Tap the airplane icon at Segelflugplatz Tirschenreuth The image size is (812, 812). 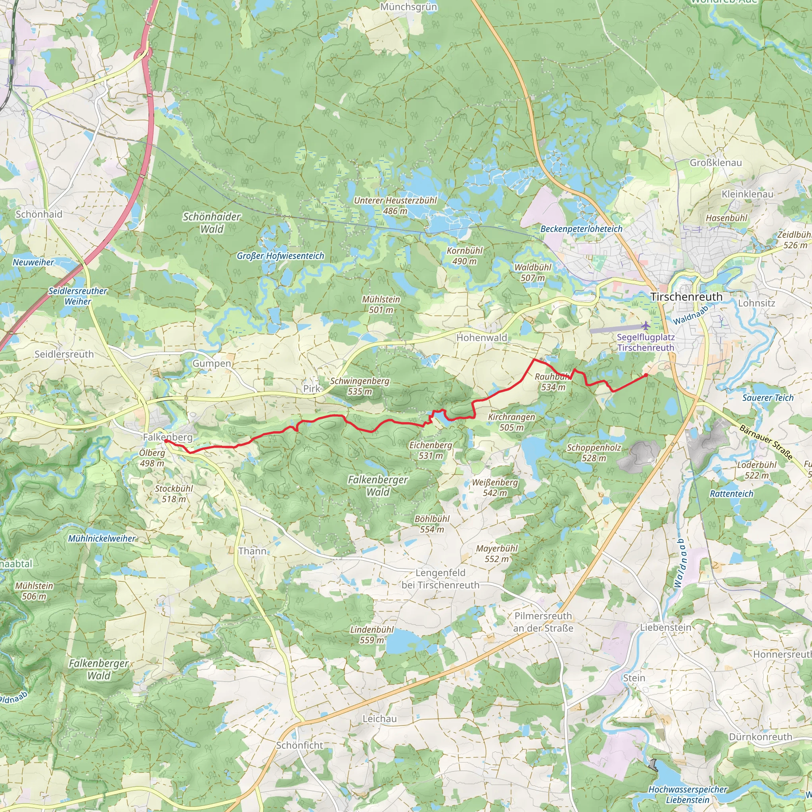pyautogui.click(x=645, y=325)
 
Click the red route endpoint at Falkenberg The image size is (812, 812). pyautogui.click(x=166, y=441)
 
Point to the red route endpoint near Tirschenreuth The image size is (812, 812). pyautogui.click(x=645, y=375)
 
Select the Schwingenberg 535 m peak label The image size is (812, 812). pyautogui.click(x=360, y=386)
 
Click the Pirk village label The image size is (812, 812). pyautogui.click(x=311, y=389)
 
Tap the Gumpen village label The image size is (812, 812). pyautogui.click(x=212, y=364)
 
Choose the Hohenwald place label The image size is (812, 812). pyautogui.click(x=482, y=337)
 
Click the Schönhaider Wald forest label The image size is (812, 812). pyautogui.click(x=212, y=223)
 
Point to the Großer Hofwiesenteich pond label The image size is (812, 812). pyautogui.click(x=280, y=256)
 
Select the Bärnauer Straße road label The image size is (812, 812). pyautogui.click(x=766, y=442)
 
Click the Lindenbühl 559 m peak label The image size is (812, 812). pyautogui.click(x=372, y=635)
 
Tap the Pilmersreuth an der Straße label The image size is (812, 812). pyautogui.click(x=543, y=622)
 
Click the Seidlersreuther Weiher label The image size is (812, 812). pyautogui.click(x=78, y=296)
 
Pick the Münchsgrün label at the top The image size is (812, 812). pyautogui.click(x=408, y=7)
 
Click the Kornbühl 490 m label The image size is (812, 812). pyautogui.click(x=464, y=256)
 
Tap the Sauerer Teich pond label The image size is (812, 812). pyautogui.click(x=768, y=398)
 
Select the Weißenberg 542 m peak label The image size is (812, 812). pyautogui.click(x=495, y=488)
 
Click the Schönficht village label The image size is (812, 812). pyautogui.click(x=300, y=745)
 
